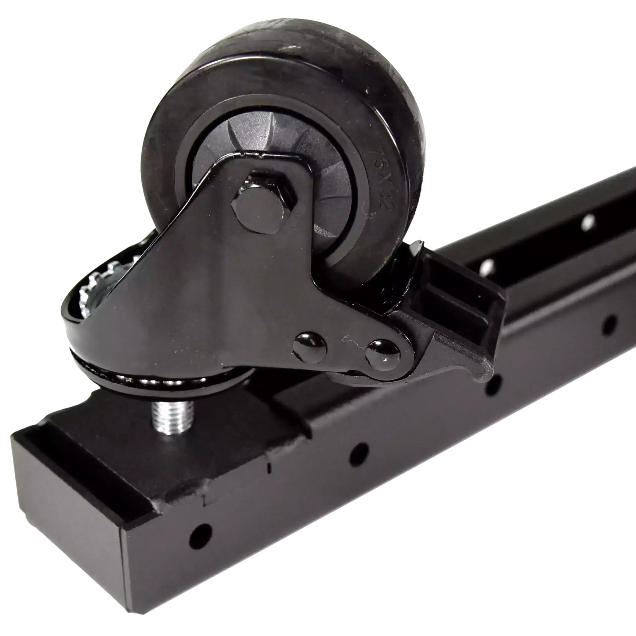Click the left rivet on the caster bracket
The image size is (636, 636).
click(x=310, y=346)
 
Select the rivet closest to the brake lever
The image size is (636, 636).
click(x=383, y=355)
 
